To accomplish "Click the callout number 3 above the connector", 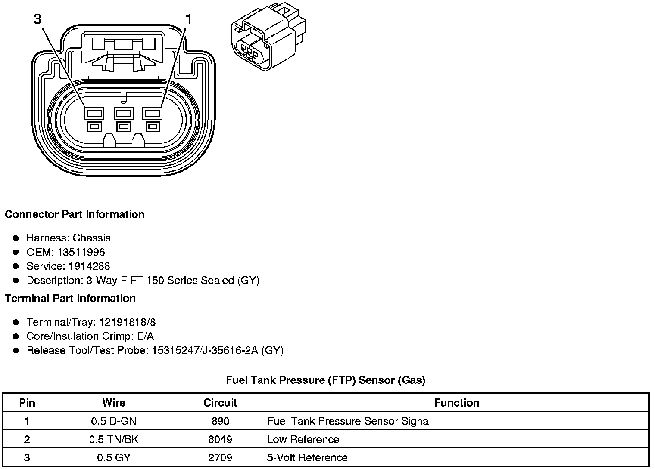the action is [38, 19].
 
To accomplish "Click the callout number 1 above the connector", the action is [188, 19].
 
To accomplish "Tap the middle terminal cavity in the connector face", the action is [123, 114].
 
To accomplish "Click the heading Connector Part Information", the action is [75, 215].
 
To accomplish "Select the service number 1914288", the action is [89, 266].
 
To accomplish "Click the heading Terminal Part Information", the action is [70, 299].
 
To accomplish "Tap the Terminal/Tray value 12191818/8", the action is [128, 322].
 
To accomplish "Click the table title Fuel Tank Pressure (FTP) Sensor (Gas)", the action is [326, 380].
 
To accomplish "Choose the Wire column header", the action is [114, 403].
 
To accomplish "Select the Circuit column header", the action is [220, 403].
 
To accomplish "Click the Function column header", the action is [456, 403].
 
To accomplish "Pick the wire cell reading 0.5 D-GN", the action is [114, 421].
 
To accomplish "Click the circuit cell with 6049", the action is [220, 439].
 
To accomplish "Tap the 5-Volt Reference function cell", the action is [307, 457].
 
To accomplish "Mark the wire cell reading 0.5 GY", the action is [114, 457].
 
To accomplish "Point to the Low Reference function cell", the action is [303, 439].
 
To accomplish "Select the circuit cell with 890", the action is [220, 421].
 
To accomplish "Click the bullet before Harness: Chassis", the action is [16, 238].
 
